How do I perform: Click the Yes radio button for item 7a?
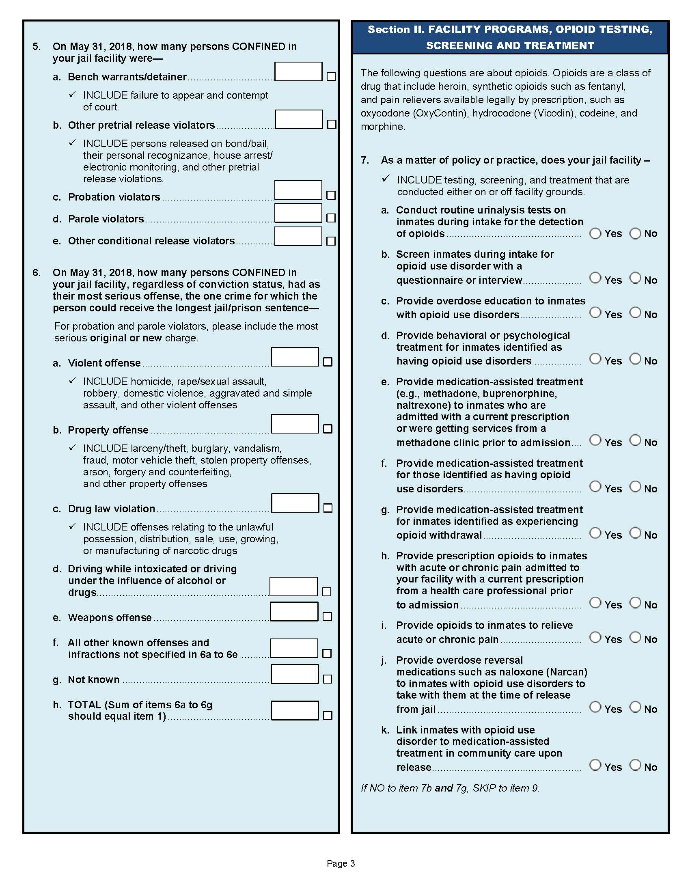(x=595, y=233)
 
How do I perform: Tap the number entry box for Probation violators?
(x=298, y=190)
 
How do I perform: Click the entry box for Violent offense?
(x=295, y=357)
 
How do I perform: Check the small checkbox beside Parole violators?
(x=331, y=218)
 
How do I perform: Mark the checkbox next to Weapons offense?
(x=327, y=617)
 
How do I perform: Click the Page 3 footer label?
(x=341, y=863)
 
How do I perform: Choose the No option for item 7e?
(x=635, y=440)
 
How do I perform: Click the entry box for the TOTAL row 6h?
(x=295, y=711)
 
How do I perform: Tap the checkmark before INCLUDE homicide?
(x=73, y=381)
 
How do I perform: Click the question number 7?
(x=364, y=160)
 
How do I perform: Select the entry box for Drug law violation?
(x=295, y=503)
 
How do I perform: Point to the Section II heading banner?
(x=510, y=37)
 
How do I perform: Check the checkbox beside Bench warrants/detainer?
(x=331, y=76)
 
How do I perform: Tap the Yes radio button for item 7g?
(x=595, y=533)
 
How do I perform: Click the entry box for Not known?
(x=295, y=674)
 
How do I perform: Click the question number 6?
(x=37, y=273)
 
